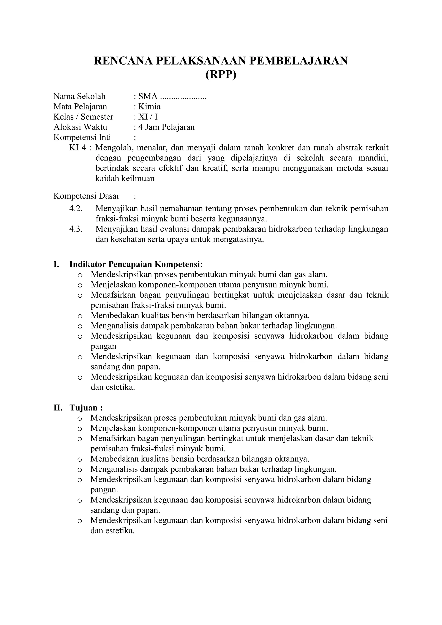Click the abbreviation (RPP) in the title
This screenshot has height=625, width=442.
(221, 75)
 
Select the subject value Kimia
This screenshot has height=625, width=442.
(149, 106)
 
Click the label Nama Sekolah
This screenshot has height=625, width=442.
(79, 96)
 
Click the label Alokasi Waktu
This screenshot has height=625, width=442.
(80, 127)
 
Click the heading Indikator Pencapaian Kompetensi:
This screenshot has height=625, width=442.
(136, 264)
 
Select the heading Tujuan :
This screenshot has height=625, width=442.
(86, 407)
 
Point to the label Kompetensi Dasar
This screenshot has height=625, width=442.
(86, 196)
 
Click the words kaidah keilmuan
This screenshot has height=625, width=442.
(125, 178)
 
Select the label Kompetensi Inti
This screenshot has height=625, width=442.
(82, 137)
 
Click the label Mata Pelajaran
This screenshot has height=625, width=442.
(80, 106)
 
